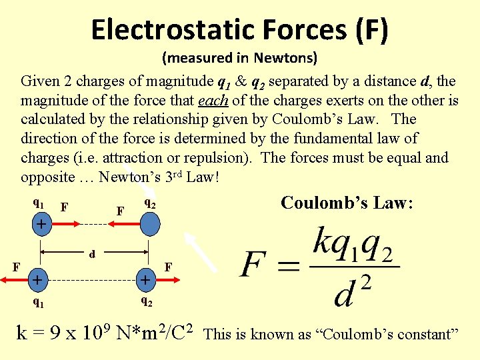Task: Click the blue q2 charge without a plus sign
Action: coord(149,225)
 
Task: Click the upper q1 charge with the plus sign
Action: coord(41,225)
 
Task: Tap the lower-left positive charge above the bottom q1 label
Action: coord(39,279)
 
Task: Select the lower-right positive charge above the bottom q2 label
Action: coord(145,279)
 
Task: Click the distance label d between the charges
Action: coord(92,254)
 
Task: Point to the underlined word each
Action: coord(213,101)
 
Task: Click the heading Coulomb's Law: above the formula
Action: coord(347,203)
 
